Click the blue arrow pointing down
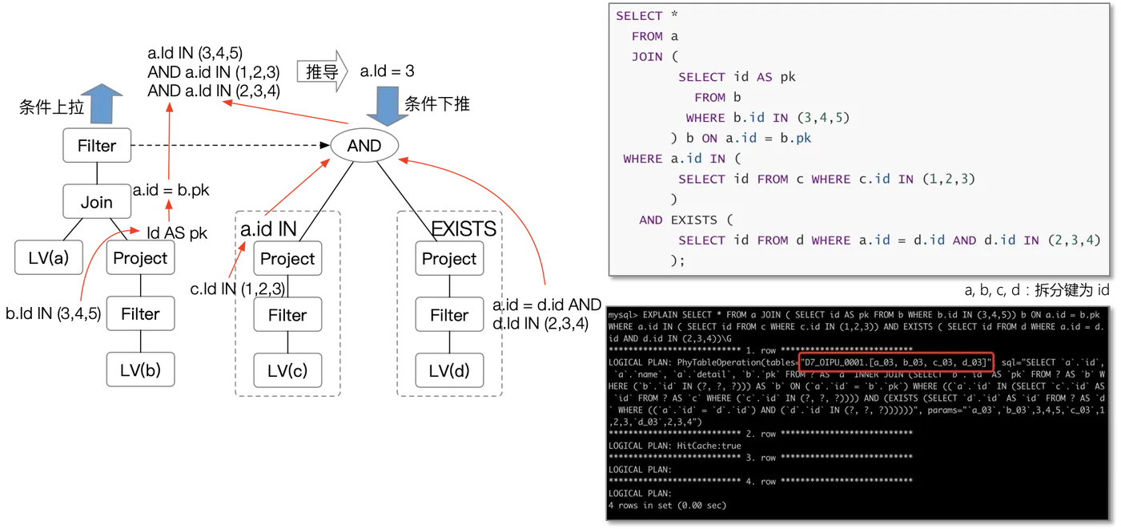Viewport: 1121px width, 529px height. [x=388, y=106]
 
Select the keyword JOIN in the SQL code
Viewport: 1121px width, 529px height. [x=647, y=57]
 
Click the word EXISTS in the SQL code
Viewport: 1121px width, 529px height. [x=693, y=220]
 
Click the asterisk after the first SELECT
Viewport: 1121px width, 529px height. [x=674, y=16]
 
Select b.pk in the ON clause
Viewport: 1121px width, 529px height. [x=794, y=138]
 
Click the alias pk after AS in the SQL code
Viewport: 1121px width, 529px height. [x=788, y=77]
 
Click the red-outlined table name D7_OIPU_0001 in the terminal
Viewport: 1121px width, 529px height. [x=840, y=362]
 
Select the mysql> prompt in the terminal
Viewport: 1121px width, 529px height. [x=624, y=315]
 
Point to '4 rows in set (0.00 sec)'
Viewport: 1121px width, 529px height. [x=667, y=506]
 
